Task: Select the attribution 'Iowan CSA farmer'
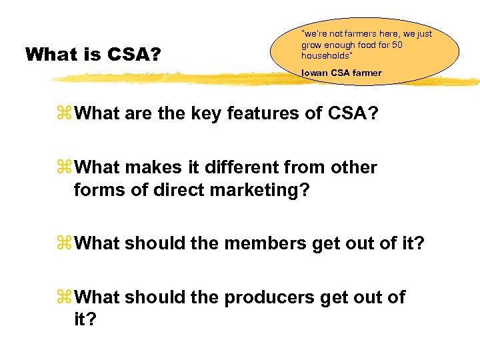click(341, 73)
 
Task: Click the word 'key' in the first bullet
click(207, 114)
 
